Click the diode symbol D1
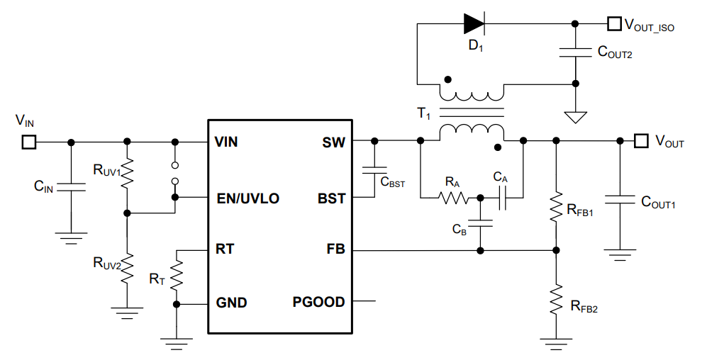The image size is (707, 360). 474,24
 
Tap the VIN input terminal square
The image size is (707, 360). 28,142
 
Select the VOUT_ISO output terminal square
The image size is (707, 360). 613,24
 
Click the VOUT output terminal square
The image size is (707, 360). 640,141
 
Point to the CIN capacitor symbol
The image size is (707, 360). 70,187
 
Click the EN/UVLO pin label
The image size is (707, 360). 247,198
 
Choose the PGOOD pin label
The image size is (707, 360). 318,303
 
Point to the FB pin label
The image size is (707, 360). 335,250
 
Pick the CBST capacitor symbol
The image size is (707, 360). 374,170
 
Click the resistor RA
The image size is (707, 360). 453,198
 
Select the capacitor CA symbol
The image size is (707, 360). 502,198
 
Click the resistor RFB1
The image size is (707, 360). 556,206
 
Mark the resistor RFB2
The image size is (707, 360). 556,299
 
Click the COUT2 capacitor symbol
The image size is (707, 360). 576,51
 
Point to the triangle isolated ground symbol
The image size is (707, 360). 576,116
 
